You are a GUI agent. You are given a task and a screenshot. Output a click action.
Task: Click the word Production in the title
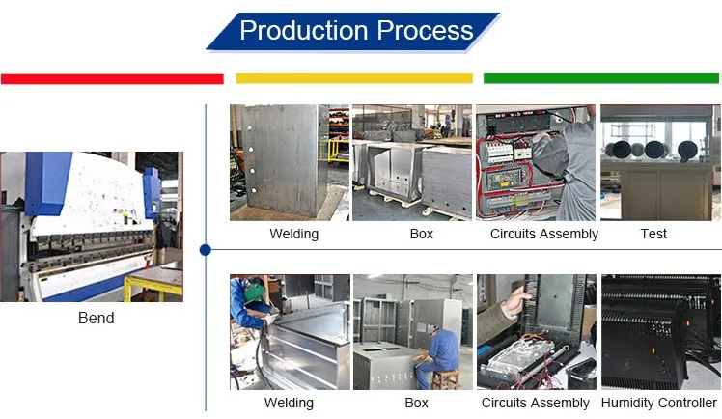pyautogui.click(x=304, y=30)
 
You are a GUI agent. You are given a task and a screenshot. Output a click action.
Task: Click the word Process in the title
pyautogui.click(x=425, y=30)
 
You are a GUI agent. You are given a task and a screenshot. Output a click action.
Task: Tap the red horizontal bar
pyautogui.click(x=112, y=79)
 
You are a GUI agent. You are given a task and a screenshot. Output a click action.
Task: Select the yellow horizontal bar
pyautogui.click(x=354, y=78)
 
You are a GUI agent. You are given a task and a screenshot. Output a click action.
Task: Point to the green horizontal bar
pyautogui.click(x=601, y=78)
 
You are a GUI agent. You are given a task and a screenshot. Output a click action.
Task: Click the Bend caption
pyautogui.click(x=97, y=318)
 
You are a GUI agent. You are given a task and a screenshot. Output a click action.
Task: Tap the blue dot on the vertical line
pyautogui.click(x=206, y=250)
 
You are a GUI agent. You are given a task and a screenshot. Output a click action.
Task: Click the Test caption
pyautogui.click(x=653, y=234)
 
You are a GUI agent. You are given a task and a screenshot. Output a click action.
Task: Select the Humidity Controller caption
pyautogui.click(x=659, y=403)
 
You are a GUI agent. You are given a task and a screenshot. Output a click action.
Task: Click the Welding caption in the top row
pyautogui.click(x=293, y=234)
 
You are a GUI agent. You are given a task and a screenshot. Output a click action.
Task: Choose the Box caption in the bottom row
pyautogui.click(x=416, y=403)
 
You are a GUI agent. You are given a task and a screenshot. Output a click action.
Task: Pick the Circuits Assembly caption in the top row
pyautogui.click(x=543, y=234)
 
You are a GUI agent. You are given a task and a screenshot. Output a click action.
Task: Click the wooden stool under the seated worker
pyautogui.click(x=445, y=379)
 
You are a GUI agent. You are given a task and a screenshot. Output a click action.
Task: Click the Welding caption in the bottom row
pyautogui.click(x=289, y=403)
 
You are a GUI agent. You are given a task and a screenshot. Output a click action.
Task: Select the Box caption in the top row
pyautogui.click(x=421, y=234)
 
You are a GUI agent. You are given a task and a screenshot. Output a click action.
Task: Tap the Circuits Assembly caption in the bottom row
pyautogui.click(x=535, y=403)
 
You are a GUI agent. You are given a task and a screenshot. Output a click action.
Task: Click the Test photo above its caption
pyautogui.click(x=660, y=162)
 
